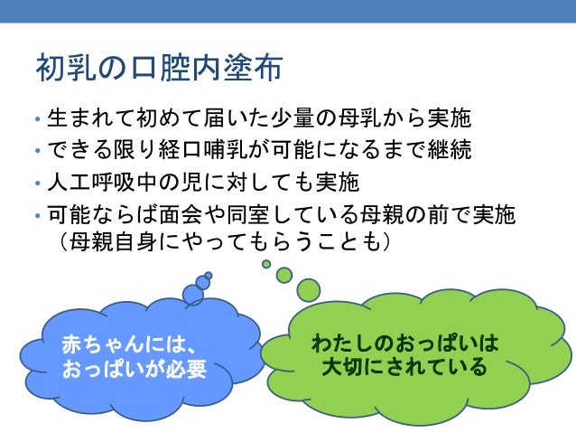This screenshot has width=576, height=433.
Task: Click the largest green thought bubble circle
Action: [309, 289]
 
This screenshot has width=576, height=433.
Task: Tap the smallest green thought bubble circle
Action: [266, 264]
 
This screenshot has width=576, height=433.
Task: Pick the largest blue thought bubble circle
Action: [193, 295]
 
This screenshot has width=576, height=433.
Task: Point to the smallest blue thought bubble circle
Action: [209, 275]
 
